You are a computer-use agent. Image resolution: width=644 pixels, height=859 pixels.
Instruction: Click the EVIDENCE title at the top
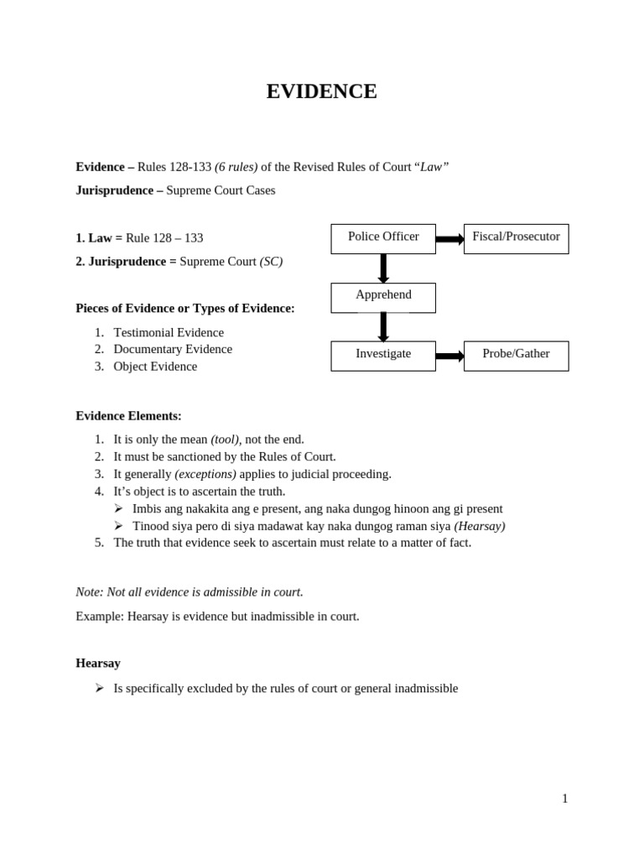(321, 91)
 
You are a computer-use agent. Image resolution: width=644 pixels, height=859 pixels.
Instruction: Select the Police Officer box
(383, 238)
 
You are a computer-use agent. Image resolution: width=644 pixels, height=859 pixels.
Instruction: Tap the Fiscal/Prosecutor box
(516, 238)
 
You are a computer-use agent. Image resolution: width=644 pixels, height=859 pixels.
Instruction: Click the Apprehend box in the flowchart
(383, 297)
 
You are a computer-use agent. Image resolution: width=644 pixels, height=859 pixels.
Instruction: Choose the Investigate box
(383, 356)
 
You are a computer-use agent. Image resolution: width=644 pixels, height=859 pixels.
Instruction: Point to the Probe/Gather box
(516, 356)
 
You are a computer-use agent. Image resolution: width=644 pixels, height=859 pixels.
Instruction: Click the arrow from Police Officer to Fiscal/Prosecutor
(449, 239)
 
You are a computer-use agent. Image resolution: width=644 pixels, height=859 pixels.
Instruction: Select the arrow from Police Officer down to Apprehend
(383, 268)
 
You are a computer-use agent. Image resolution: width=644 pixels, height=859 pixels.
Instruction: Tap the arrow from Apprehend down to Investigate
(383, 326)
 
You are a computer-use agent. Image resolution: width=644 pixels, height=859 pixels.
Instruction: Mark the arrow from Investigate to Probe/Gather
(449, 356)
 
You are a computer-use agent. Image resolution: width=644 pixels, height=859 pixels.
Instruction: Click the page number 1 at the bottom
(564, 799)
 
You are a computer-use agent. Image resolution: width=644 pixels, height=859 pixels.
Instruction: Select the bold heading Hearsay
(98, 663)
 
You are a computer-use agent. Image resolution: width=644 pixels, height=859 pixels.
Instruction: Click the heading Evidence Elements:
(128, 415)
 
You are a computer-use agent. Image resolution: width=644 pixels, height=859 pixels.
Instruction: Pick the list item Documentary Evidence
(173, 349)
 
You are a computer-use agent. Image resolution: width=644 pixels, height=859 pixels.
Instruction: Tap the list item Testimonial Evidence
(169, 332)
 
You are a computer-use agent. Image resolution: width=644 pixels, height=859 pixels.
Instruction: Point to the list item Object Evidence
(155, 367)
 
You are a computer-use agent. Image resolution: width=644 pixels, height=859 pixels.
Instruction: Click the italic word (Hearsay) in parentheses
(480, 526)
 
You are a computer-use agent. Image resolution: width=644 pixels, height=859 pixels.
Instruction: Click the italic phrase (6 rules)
(236, 167)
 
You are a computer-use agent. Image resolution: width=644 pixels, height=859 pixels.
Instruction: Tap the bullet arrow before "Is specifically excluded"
(99, 688)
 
